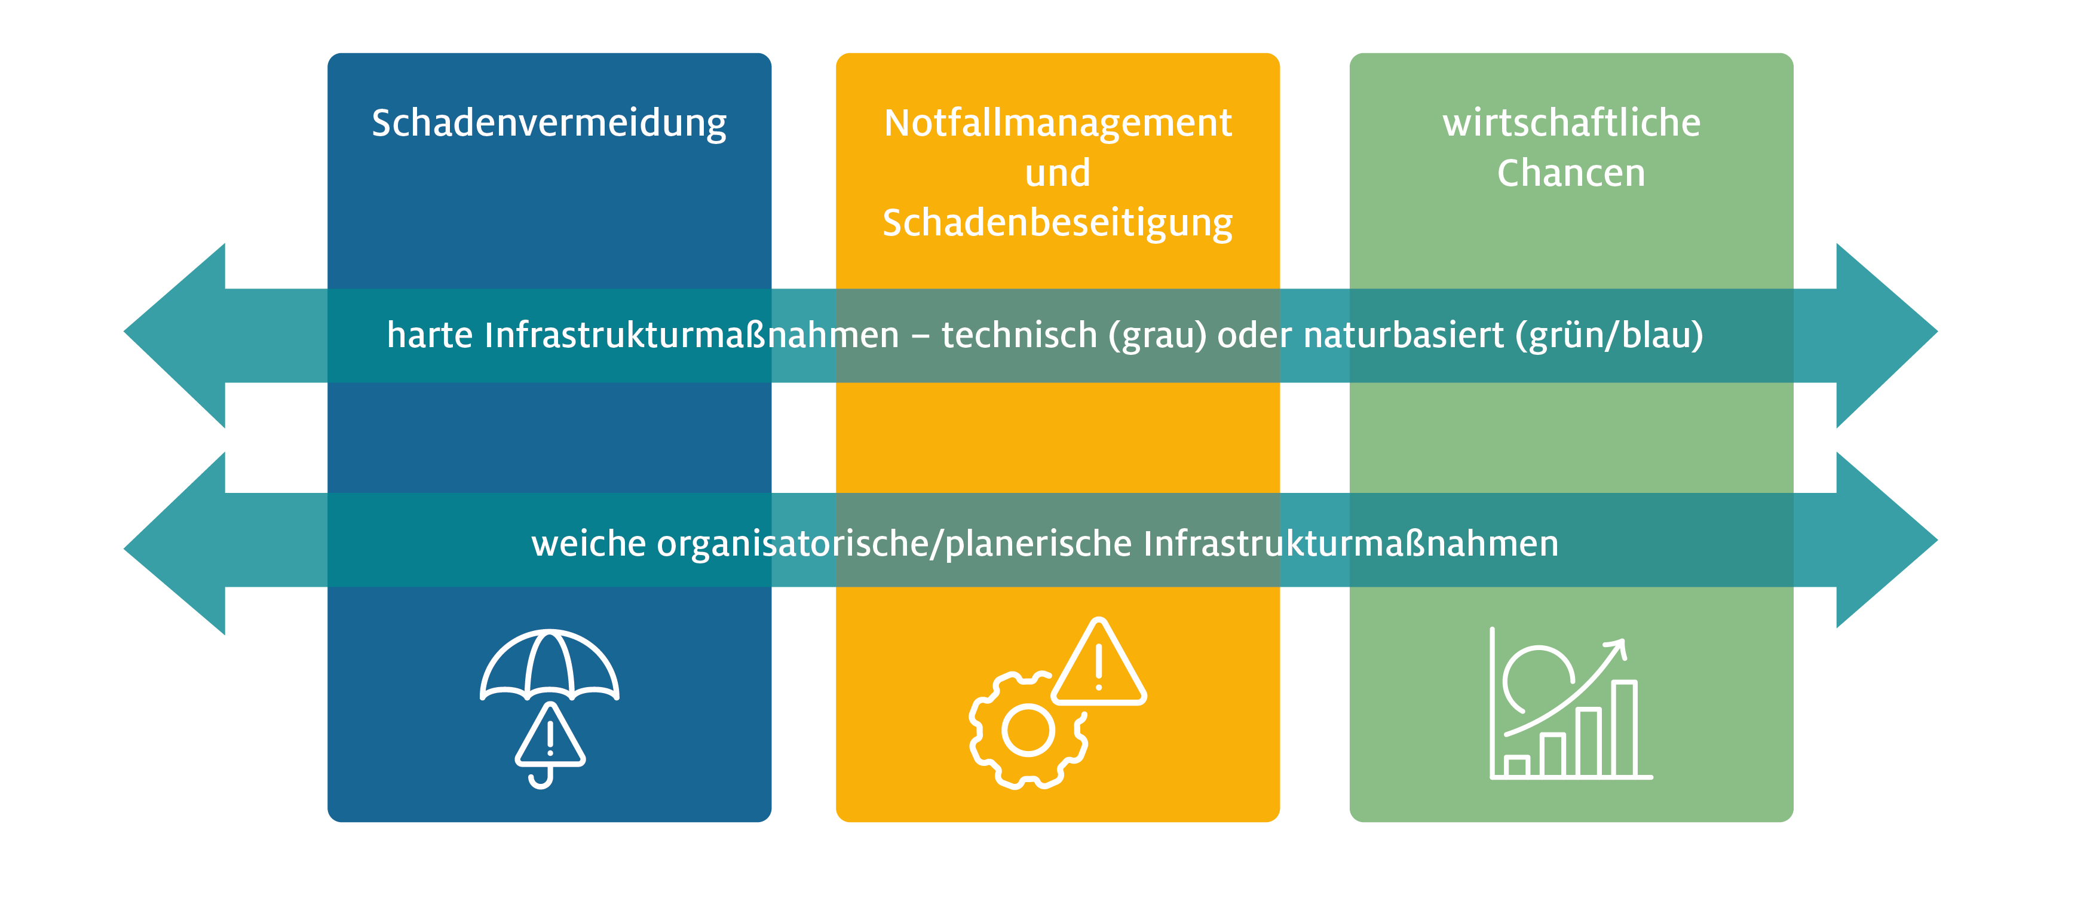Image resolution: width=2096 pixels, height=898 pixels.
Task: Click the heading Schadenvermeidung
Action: click(549, 124)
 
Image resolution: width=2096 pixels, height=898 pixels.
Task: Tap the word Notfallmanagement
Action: click(1058, 124)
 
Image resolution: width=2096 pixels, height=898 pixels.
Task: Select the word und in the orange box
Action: click(1058, 173)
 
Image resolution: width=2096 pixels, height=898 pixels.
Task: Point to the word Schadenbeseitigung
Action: click(1058, 223)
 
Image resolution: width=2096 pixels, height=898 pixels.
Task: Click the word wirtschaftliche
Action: click(1571, 123)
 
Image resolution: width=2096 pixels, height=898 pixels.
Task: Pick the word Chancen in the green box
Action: click(1571, 173)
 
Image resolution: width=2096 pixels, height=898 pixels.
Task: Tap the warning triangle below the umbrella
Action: click(550, 735)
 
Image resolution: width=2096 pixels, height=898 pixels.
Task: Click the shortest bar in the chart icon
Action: click(1516, 766)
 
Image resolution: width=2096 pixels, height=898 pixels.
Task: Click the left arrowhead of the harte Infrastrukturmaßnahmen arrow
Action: click(174, 335)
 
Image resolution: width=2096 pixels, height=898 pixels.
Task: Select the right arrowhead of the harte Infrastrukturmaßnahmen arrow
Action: click(1887, 335)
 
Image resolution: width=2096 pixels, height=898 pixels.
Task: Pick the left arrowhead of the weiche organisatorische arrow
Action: click(174, 543)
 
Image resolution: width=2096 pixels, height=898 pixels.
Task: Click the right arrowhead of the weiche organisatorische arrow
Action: click(1887, 540)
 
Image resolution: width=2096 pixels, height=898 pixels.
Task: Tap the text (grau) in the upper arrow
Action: click(1157, 336)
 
